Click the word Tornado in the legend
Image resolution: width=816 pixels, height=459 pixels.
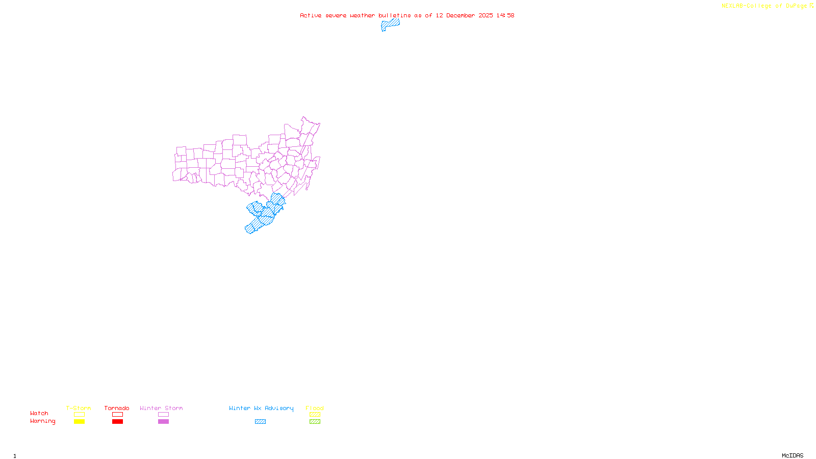click(117, 408)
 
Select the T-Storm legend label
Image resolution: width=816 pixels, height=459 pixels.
click(79, 408)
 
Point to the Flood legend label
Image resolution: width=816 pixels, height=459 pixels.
click(315, 408)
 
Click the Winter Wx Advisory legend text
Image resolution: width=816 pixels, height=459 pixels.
click(261, 408)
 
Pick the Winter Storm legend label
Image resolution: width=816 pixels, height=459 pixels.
click(161, 408)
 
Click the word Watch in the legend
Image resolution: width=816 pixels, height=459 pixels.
click(39, 413)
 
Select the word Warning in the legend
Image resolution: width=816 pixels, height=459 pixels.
click(42, 421)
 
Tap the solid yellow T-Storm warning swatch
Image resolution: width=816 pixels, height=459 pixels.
click(79, 422)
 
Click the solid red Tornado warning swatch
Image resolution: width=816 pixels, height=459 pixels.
click(118, 422)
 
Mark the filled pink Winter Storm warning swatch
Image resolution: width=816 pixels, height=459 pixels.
click(163, 422)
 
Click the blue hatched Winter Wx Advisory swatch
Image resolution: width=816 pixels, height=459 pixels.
click(260, 422)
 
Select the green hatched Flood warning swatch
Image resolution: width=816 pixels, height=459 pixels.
click(315, 422)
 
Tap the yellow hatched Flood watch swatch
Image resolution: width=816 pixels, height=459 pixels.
click(315, 415)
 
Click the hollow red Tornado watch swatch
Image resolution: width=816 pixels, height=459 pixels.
click(118, 415)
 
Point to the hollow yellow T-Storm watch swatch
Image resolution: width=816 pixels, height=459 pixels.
click(79, 415)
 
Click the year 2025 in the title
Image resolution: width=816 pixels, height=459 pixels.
click(486, 15)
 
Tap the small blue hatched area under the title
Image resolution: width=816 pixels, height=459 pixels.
click(390, 24)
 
